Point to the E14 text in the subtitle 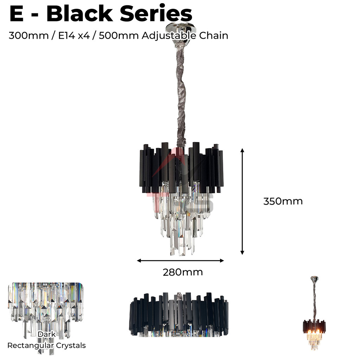click(x=64, y=36)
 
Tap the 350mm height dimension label click(x=283, y=201)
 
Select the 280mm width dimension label click(x=182, y=272)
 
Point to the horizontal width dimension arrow click(x=180, y=261)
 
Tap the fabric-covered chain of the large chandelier click(x=181, y=95)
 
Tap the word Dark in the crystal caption click(x=47, y=334)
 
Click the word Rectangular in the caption click(x=31, y=346)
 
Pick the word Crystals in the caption click(x=71, y=346)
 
